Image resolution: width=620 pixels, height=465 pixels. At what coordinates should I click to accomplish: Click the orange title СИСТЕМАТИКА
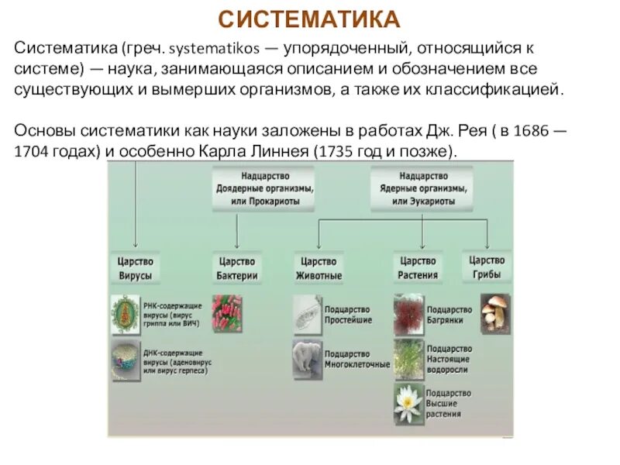pos(309,18)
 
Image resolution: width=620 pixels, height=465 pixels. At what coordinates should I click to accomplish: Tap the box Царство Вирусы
pos(135,268)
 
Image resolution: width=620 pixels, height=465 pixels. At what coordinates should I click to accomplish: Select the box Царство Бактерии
pos(237,268)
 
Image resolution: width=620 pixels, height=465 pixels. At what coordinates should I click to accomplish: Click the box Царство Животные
pos(319,268)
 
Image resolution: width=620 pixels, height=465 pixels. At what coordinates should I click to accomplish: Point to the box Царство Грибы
pos(487,267)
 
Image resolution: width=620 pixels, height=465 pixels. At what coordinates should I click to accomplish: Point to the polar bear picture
pos(307,358)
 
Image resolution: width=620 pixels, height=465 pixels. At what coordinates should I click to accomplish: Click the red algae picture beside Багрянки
pos(408,313)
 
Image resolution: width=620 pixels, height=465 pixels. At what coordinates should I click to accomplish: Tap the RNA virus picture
pos(125,314)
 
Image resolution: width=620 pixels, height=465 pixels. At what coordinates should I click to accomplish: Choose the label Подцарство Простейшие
pos(349,314)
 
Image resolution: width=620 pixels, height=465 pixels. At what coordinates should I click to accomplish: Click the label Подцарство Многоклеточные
pos(357,358)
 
